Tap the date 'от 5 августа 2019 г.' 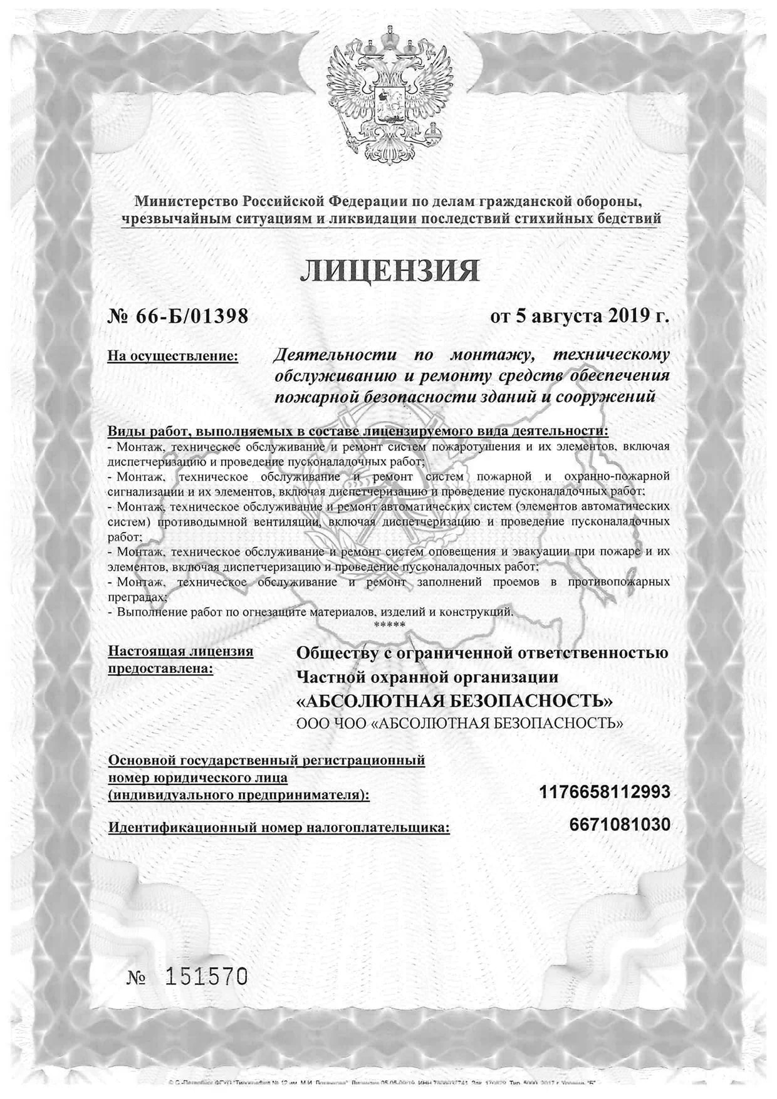580,316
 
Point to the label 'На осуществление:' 173,357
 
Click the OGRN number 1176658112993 604,792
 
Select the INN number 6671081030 620,825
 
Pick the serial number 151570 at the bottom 206,976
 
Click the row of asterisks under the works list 389,625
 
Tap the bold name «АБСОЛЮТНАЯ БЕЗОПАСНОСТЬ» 454,701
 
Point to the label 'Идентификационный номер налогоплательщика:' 279,828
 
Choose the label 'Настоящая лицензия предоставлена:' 180,660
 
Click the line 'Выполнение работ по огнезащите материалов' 313,612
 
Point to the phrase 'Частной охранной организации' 427,677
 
